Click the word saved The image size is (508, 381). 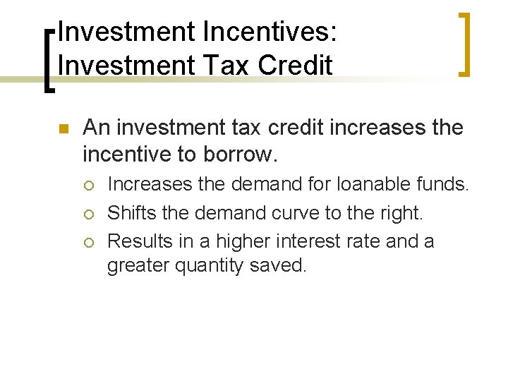click(280, 267)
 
